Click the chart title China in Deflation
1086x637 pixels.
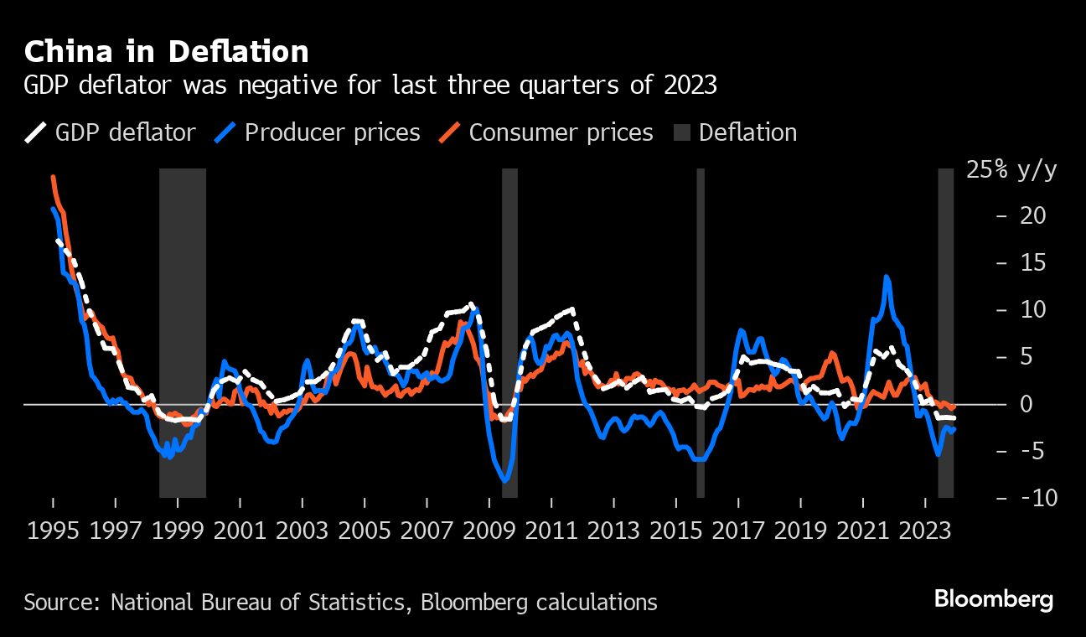(x=166, y=52)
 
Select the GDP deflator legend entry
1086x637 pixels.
(x=110, y=132)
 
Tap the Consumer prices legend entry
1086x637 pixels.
(x=546, y=132)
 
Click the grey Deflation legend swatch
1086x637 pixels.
(x=682, y=132)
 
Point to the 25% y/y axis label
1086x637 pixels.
(x=1011, y=171)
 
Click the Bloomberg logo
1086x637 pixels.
(x=993, y=599)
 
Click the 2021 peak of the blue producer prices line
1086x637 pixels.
(x=887, y=277)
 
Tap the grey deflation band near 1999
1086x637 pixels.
(x=183, y=335)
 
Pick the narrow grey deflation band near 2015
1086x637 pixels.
(x=701, y=335)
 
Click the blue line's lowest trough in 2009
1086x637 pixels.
(x=505, y=480)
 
